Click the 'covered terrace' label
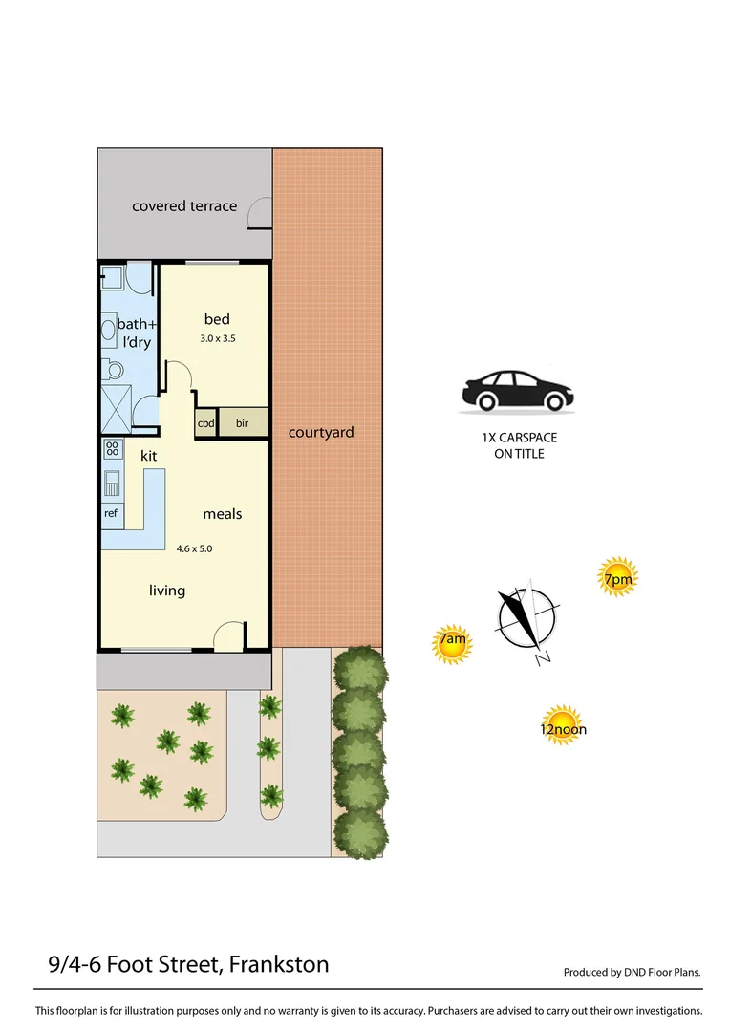(x=184, y=205)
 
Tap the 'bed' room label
(x=217, y=319)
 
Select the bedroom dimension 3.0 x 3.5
(x=217, y=338)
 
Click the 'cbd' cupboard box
(x=205, y=422)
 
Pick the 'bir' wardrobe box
(x=243, y=422)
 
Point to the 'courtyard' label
(x=321, y=432)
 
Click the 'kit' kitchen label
(x=148, y=456)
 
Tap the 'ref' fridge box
(x=111, y=512)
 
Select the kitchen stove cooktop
(x=112, y=447)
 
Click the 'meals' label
(x=222, y=514)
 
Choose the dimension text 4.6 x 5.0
(x=193, y=548)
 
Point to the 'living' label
(x=167, y=591)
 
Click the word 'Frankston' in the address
(x=278, y=965)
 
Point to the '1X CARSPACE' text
(x=519, y=438)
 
